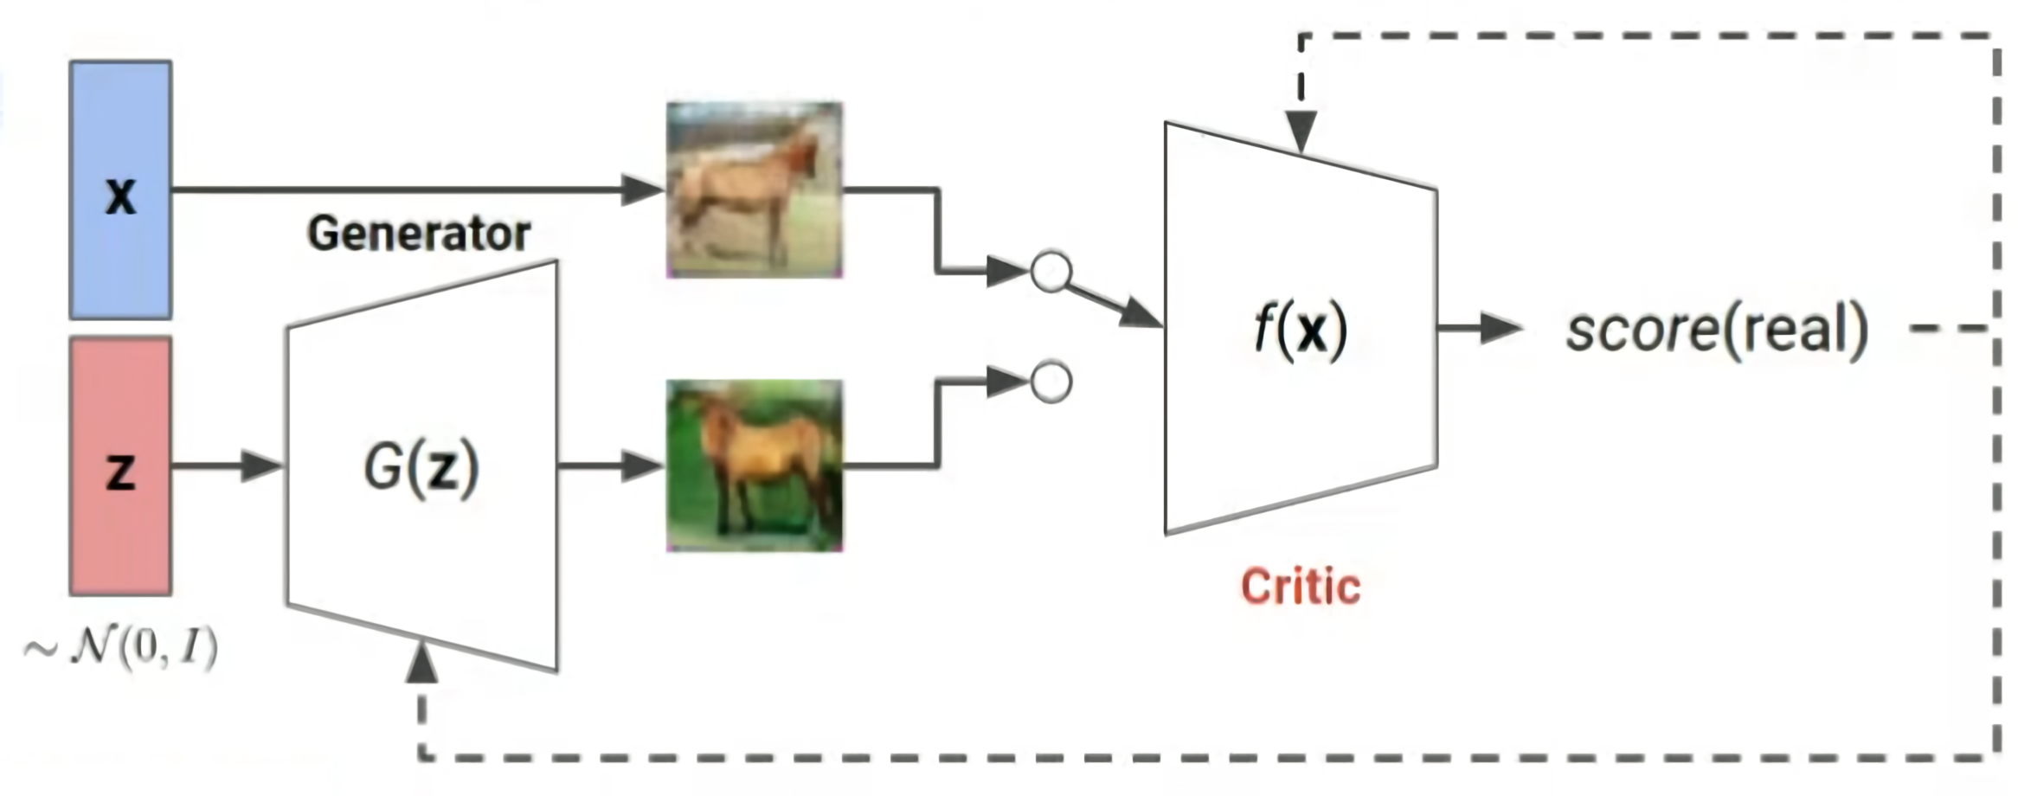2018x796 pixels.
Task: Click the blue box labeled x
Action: click(x=120, y=189)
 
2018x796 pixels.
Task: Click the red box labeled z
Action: click(x=120, y=466)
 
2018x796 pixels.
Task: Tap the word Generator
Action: click(x=419, y=234)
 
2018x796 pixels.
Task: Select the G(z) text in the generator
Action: click(x=421, y=468)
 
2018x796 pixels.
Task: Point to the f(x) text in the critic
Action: click(x=1301, y=330)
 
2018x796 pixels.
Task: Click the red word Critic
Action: click(x=1301, y=587)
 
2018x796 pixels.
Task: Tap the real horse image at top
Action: click(x=755, y=189)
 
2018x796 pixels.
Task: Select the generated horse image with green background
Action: click(x=755, y=465)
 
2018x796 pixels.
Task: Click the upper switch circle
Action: click(x=1051, y=273)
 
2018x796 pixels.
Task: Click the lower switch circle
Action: click(x=1051, y=382)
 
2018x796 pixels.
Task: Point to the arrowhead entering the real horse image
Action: click(x=642, y=189)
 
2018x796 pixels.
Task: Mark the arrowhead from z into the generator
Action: click(x=261, y=466)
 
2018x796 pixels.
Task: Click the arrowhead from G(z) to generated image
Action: click(x=642, y=466)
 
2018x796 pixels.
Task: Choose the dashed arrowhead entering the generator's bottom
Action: click(x=421, y=663)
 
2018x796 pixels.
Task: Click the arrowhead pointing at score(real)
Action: click(x=1501, y=328)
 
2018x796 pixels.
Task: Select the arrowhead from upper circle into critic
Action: click(x=1141, y=314)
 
